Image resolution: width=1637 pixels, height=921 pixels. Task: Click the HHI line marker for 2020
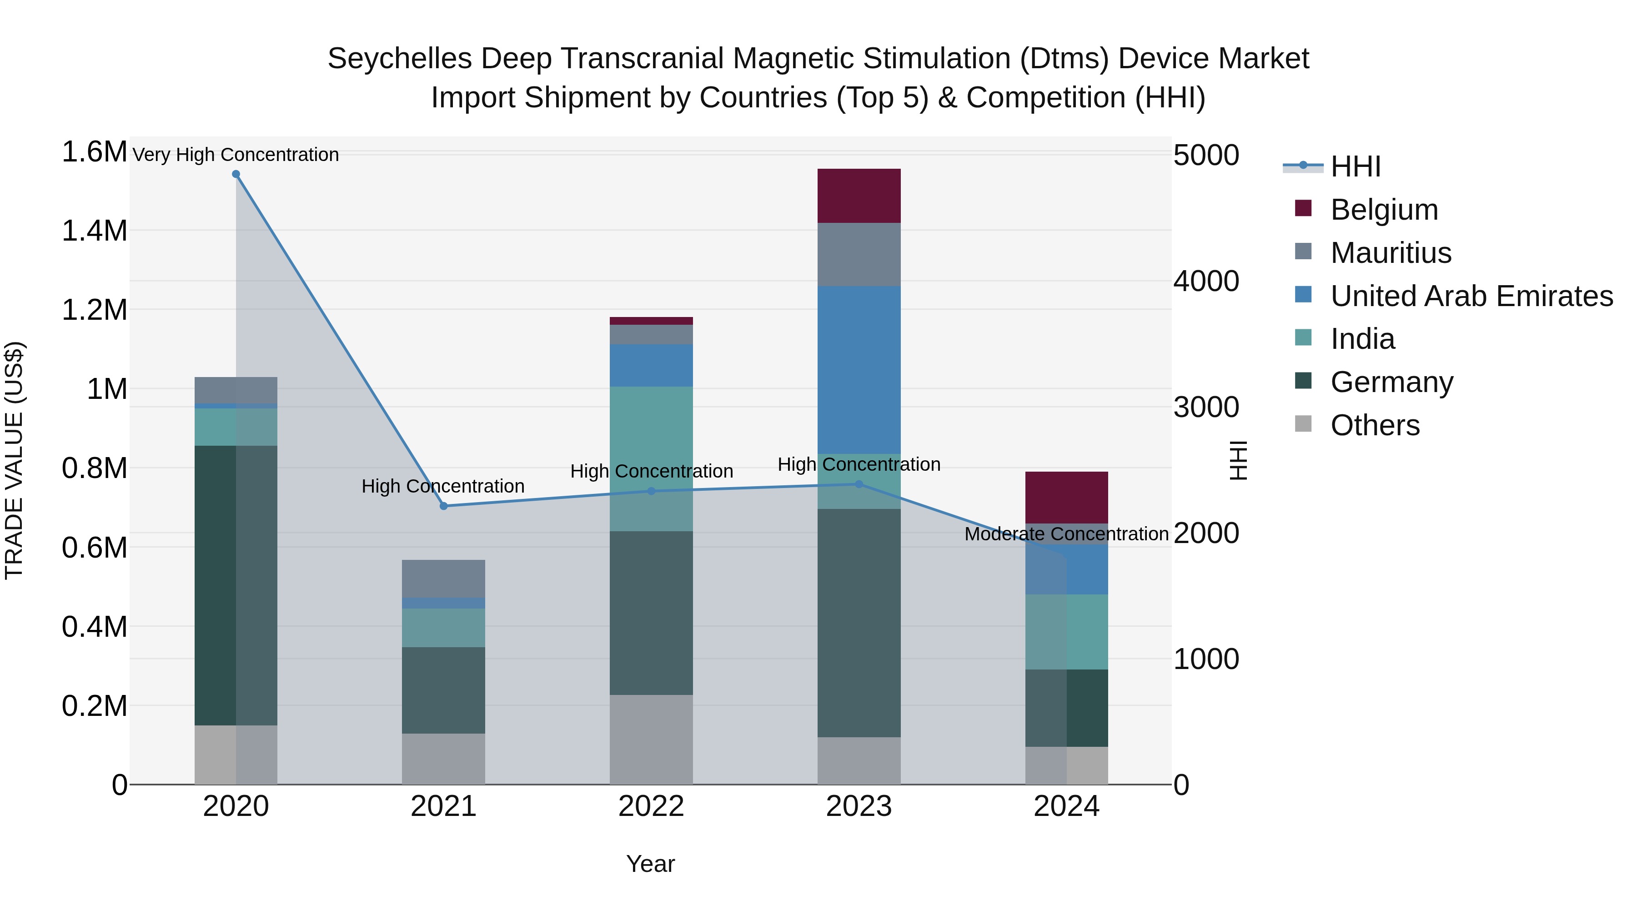[236, 174]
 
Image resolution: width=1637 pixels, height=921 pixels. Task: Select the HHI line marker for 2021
[443, 506]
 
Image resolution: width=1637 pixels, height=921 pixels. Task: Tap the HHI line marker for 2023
[859, 484]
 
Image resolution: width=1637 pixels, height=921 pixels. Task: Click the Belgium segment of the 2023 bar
[859, 196]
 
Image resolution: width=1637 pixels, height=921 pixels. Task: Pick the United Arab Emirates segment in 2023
[859, 370]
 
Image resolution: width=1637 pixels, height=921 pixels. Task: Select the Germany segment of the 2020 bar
[236, 585]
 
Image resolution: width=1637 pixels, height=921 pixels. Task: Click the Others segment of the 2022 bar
[651, 739]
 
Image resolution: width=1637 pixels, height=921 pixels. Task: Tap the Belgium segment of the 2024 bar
[1066, 497]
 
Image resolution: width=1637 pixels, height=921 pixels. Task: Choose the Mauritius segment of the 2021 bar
[443, 579]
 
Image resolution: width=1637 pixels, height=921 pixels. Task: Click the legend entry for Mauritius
[1391, 253]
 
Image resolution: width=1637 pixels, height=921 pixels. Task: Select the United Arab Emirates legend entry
[1471, 296]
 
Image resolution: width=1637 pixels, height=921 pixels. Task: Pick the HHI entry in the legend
[1355, 166]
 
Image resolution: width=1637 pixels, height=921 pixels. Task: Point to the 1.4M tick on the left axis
[94, 231]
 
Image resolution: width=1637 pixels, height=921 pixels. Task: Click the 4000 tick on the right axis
[1205, 281]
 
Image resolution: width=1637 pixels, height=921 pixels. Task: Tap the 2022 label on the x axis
[651, 806]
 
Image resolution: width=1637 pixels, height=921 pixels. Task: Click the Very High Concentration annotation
[236, 155]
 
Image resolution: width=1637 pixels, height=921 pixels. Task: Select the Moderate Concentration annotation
[1066, 534]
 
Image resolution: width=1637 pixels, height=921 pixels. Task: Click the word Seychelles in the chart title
[399, 59]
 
